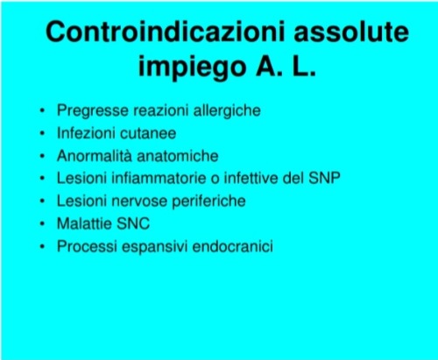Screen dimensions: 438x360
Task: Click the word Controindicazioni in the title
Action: (165, 32)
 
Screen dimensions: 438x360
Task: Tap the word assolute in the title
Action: (351, 32)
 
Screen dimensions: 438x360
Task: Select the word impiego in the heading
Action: (192, 67)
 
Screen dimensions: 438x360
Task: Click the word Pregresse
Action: (93, 111)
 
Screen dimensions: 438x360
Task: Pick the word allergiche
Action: (227, 110)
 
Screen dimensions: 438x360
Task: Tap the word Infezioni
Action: (86, 133)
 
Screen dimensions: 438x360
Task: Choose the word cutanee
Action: (148, 134)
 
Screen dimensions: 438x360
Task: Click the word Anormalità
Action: (95, 156)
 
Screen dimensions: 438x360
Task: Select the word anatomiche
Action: (178, 156)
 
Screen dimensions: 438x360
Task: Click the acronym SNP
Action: (324, 178)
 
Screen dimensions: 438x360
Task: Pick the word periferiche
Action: (208, 201)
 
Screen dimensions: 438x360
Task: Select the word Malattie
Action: (84, 223)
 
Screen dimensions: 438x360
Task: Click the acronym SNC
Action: (133, 223)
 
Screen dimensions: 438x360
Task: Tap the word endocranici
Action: (233, 246)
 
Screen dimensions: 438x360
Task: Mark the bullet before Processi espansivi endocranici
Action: (42, 247)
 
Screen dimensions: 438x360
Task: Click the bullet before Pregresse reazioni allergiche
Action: (42, 111)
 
